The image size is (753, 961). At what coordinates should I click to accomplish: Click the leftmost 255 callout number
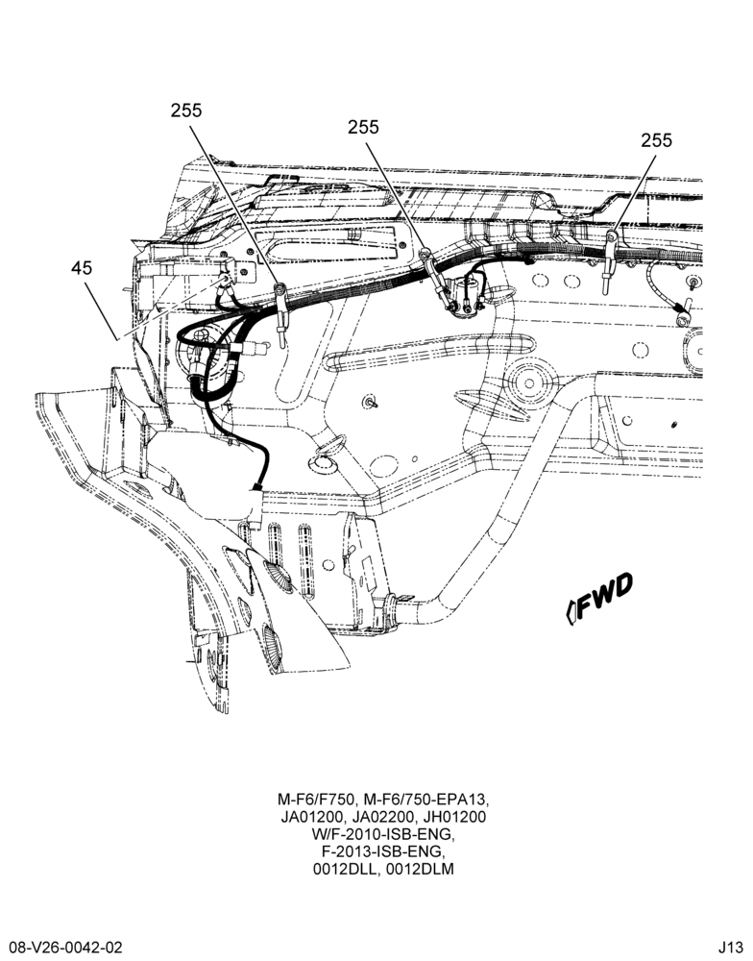point(185,111)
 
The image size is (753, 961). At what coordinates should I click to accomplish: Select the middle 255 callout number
point(363,127)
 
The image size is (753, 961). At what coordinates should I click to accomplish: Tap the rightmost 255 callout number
point(656,140)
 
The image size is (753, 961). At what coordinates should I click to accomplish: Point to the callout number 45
point(82,268)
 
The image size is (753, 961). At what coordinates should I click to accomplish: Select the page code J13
point(731,947)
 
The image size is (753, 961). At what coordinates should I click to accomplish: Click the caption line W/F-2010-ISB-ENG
point(383,834)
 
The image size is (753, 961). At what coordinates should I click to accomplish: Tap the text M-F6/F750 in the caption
point(316,800)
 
